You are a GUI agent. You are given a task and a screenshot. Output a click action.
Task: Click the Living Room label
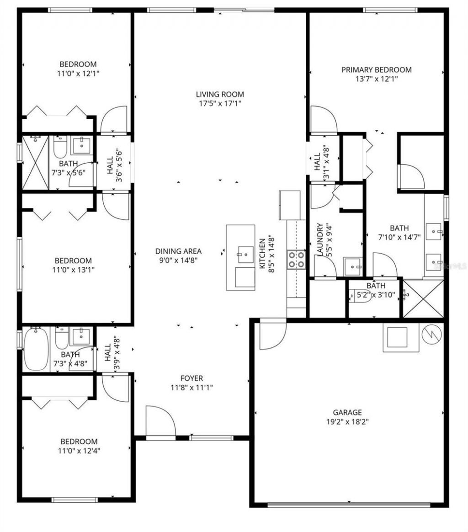click(220, 95)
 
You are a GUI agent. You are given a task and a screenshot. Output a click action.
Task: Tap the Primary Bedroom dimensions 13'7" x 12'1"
click(376, 79)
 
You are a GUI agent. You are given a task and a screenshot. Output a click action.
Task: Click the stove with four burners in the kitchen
click(296, 260)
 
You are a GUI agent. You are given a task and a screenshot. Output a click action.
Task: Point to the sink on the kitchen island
click(246, 252)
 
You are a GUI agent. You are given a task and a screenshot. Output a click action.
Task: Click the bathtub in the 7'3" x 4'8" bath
click(36, 349)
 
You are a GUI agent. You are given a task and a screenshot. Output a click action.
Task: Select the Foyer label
click(191, 378)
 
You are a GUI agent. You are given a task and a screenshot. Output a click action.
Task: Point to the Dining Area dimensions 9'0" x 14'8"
click(178, 260)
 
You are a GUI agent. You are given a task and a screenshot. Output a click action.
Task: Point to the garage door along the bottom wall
click(348, 505)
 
